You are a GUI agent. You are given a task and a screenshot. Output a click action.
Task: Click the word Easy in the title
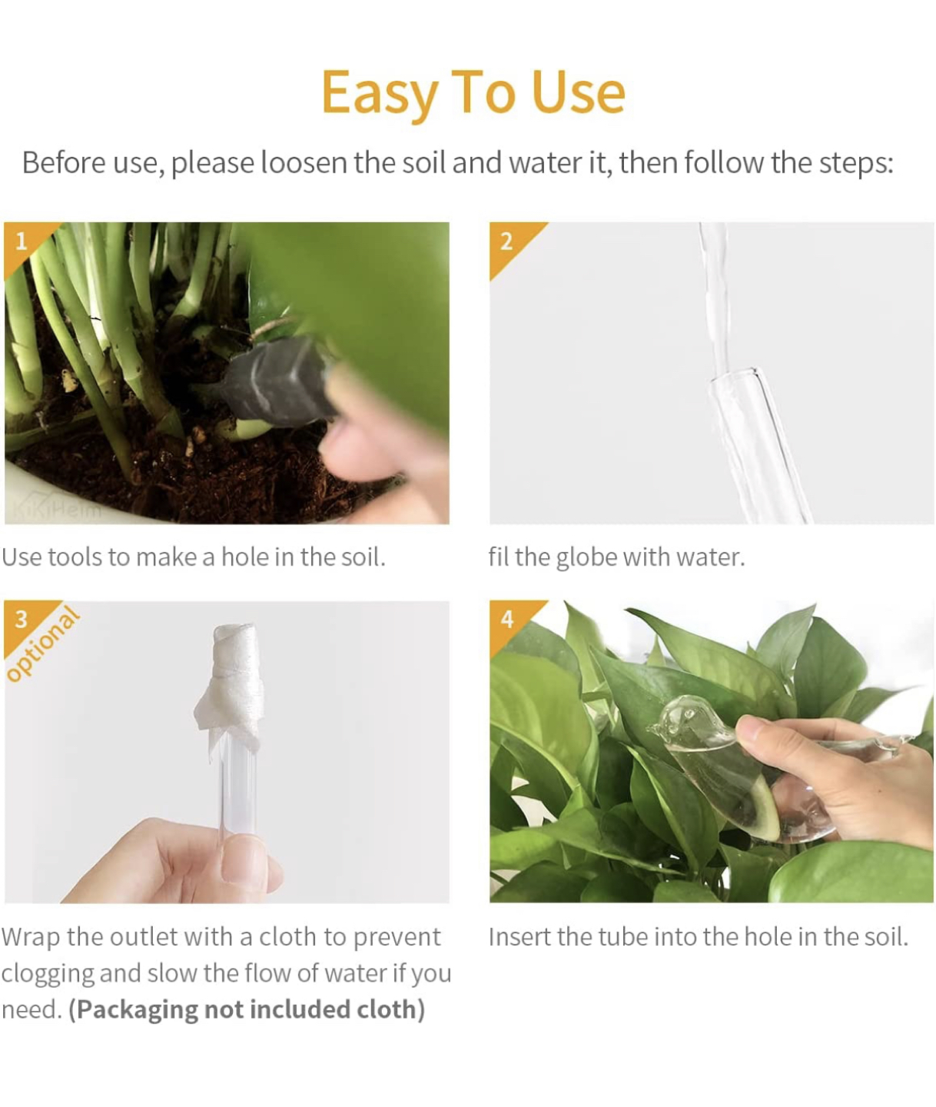click(377, 93)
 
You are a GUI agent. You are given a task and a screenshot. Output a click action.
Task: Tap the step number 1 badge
click(22, 241)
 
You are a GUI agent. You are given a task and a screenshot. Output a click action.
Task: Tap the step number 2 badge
click(506, 241)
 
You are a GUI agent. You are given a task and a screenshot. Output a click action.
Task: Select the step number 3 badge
click(22, 619)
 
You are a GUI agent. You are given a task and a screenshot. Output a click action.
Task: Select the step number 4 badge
click(506, 619)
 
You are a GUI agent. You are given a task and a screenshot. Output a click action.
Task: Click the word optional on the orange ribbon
click(44, 644)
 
